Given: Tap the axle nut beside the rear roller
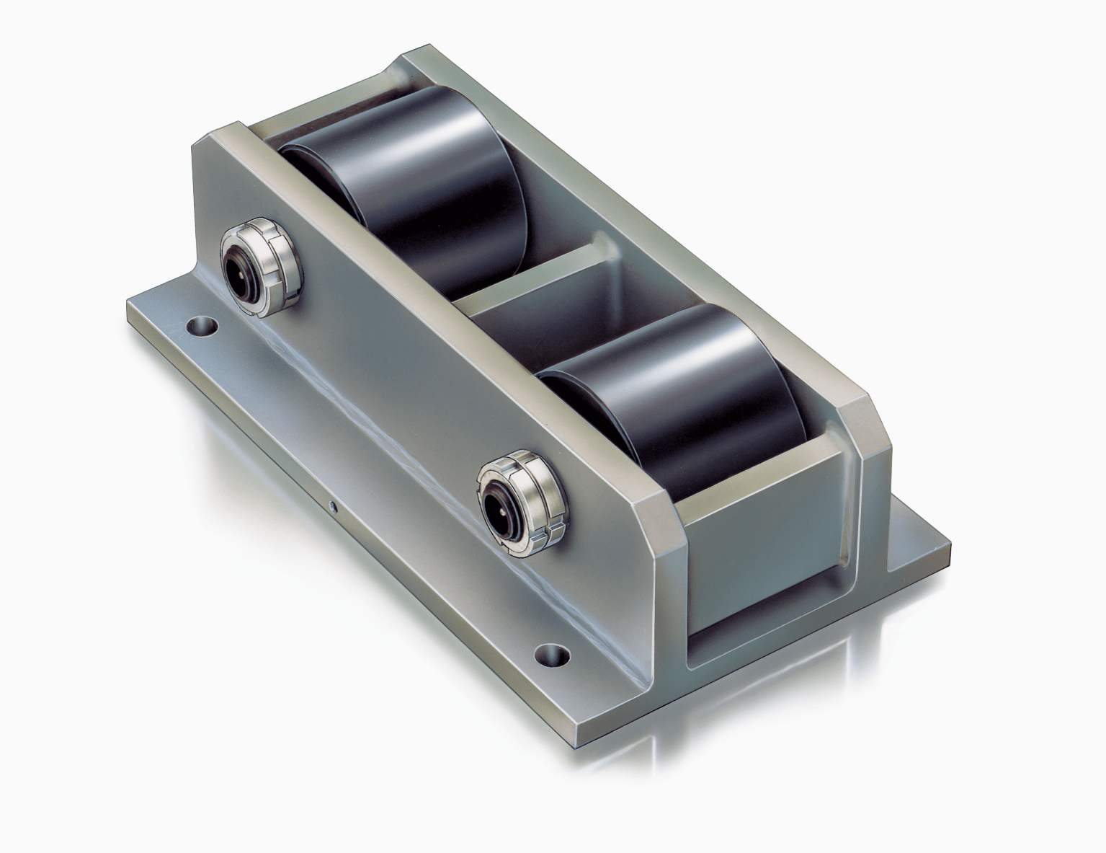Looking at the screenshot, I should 256,259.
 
